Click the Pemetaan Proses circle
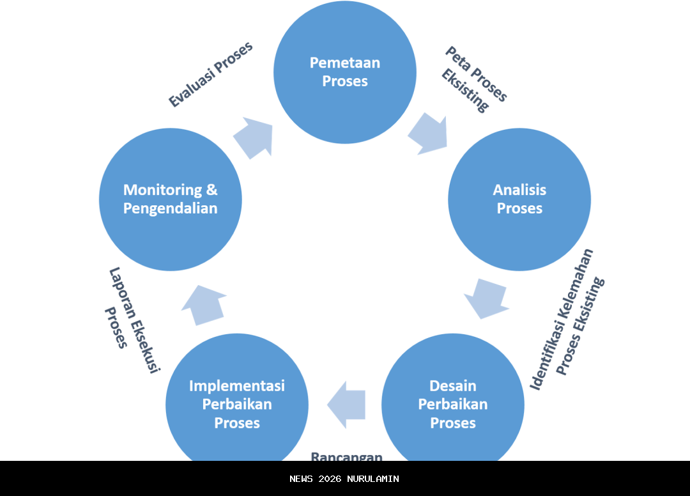click(x=345, y=72)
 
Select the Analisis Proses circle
click(x=519, y=199)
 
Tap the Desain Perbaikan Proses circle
click(x=453, y=404)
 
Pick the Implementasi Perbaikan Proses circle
click(x=237, y=404)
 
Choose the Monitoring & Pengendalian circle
click(x=171, y=199)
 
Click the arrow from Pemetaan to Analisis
click(x=428, y=134)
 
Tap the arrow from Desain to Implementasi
click(x=346, y=405)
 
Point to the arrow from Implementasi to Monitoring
click(x=204, y=306)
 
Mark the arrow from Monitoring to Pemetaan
click(x=254, y=136)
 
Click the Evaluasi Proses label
click(x=210, y=75)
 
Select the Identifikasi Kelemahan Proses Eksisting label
click(x=568, y=320)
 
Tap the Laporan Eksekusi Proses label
click(x=131, y=318)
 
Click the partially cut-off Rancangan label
click(x=347, y=456)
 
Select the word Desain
click(x=453, y=386)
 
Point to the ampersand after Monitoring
click(x=211, y=190)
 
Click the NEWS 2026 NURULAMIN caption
click(x=344, y=479)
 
